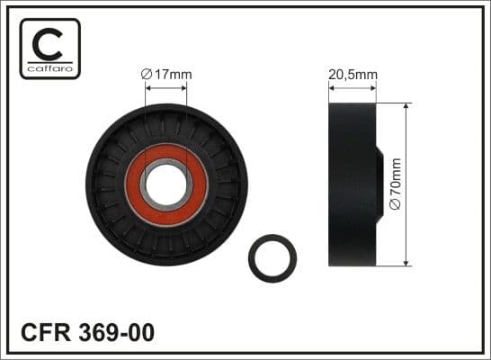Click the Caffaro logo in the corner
tap(49, 49)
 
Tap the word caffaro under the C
tap(49, 68)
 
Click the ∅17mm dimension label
tap(166, 75)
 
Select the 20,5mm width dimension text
tap(353, 75)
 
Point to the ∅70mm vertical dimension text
tap(396, 184)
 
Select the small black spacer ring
tap(271, 256)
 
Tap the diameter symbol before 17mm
tap(146, 75)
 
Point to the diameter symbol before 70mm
tap(396, 209)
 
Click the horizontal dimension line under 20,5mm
tap(353, 88)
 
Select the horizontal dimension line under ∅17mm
tap(166, 88)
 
